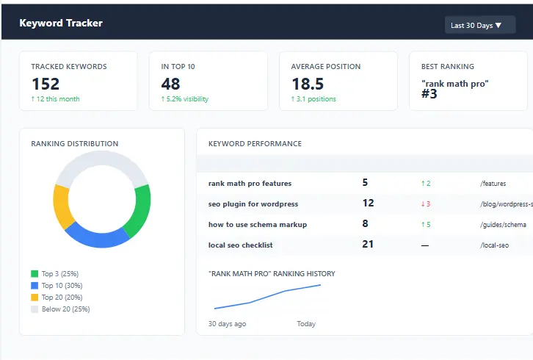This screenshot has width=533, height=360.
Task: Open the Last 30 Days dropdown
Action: pos(479,25)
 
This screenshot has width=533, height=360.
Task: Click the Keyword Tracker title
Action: pos(61,23)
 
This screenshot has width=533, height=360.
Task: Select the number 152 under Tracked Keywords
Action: pos(46,84)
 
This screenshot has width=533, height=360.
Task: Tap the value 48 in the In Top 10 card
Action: pos(170,84)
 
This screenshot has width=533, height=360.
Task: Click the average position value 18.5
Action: pos(307,84)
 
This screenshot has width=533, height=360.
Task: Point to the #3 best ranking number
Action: pos(429,94)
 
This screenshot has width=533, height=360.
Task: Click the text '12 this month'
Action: pos(55,99)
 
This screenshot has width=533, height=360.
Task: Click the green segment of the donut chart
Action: pos(140,209)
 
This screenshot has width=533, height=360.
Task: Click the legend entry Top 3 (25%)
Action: pos(59,274)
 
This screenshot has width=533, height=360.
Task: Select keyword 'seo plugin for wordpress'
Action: pos(253,204)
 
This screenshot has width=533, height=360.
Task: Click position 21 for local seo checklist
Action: pos(368,244)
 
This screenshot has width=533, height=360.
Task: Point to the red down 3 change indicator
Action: pos(425,204)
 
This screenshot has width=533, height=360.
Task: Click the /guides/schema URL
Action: pos(503,224)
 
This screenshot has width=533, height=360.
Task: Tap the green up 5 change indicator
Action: pos(425,224)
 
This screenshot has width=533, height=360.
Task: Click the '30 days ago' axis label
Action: pos(227,323)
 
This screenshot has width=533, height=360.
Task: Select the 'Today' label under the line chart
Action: pos(306,323)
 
